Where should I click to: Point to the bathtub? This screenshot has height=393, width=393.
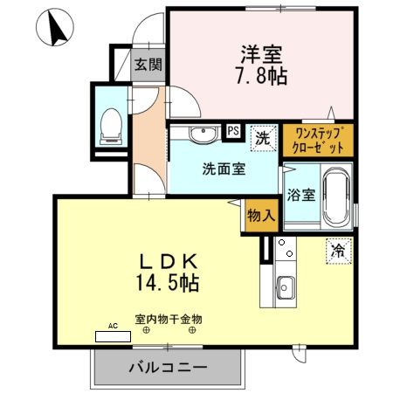[336, 197]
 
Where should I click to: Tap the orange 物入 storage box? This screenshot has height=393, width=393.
[259, 215]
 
